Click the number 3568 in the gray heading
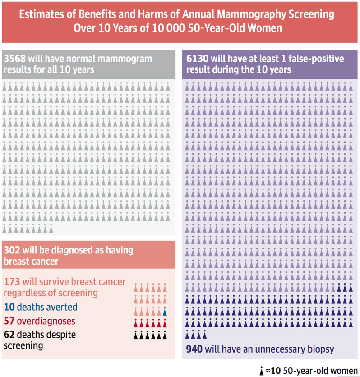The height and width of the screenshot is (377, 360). (x=14, y=59)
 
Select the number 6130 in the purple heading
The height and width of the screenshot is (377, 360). (x=197, y=59)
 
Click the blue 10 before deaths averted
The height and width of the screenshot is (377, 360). (x=9, y=308)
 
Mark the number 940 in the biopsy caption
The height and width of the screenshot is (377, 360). (x=194, y=349)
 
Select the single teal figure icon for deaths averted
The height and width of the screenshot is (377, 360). (x=165, y=311)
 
